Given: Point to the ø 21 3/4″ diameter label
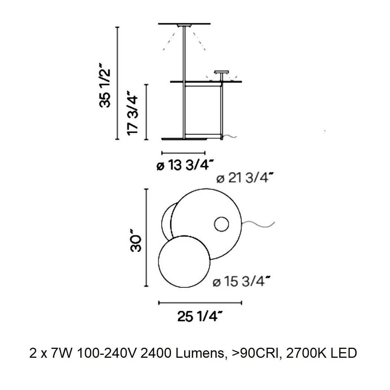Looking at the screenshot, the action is [245, 178].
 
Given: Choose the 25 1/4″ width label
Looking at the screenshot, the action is [200, 317].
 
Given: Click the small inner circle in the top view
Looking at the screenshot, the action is [222, 224].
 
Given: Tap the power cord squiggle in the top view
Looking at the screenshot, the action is [258, 224].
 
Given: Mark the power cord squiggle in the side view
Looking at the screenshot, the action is [229, 136].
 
